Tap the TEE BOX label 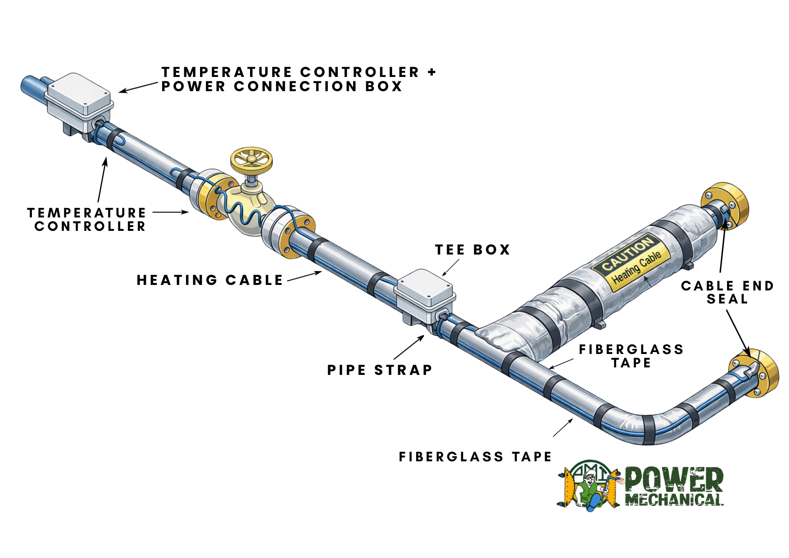click(x=472, y=250)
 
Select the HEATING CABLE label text click(x=210, y=280)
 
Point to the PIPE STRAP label click(x=380, y=370)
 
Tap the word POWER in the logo click(x=674, y=479)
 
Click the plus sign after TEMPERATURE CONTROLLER click(x=432, y=72)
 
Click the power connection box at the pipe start click(x=79, y=99)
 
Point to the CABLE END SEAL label click(x=727, y=292)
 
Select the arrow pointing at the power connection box click(x=138, y=88)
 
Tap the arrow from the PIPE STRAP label click(x=409, y=347)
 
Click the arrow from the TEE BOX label click(x=451, y=268)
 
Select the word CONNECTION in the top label click(x=296, y=86)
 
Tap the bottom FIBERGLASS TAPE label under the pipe click(x=475, y=457)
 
